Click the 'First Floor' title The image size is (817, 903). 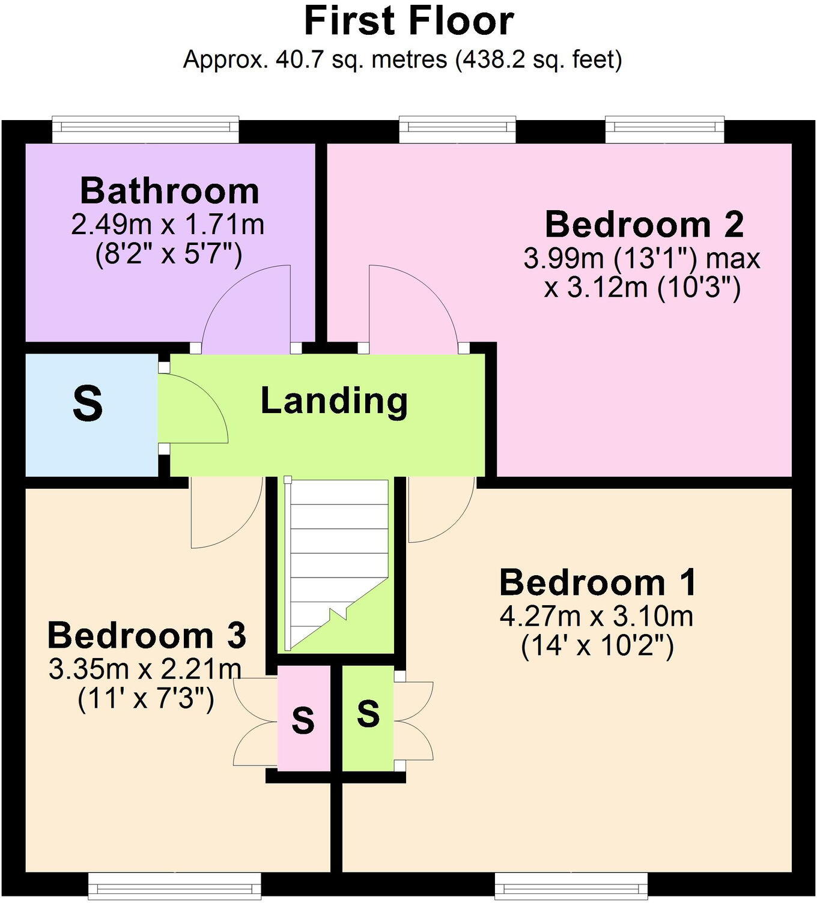tap(408, 22)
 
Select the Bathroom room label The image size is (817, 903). tap(169, 191)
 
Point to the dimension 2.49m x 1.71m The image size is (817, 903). tap(168, 225)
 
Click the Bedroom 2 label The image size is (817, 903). tap(644, 225)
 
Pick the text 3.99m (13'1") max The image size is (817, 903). tap(642, 259)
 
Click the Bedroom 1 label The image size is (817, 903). tap(598, 582)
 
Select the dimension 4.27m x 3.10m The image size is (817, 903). tap(597, 617)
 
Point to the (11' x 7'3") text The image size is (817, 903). tap(146, 699)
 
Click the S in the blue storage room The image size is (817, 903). tap(88, 403)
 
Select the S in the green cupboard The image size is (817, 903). tap(368, 714)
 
